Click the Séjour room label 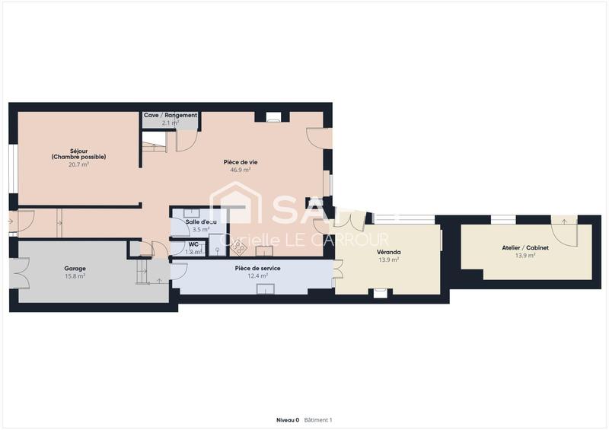point(78,151)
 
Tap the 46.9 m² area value point(241,170)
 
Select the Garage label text point(75,269)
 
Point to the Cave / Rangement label point(171,115)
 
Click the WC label point(193,244)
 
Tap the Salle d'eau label point(201,221)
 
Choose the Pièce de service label point(257,269)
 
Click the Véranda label point(388,252)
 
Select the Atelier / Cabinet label point(525,248)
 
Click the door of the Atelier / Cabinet point(564,222)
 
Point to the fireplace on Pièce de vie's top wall point(273,117)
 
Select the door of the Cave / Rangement point(186,139)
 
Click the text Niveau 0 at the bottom point(288,419)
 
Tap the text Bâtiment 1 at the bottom point(318,419)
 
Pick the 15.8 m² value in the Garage point(75,276)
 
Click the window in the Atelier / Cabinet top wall point(502,220)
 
